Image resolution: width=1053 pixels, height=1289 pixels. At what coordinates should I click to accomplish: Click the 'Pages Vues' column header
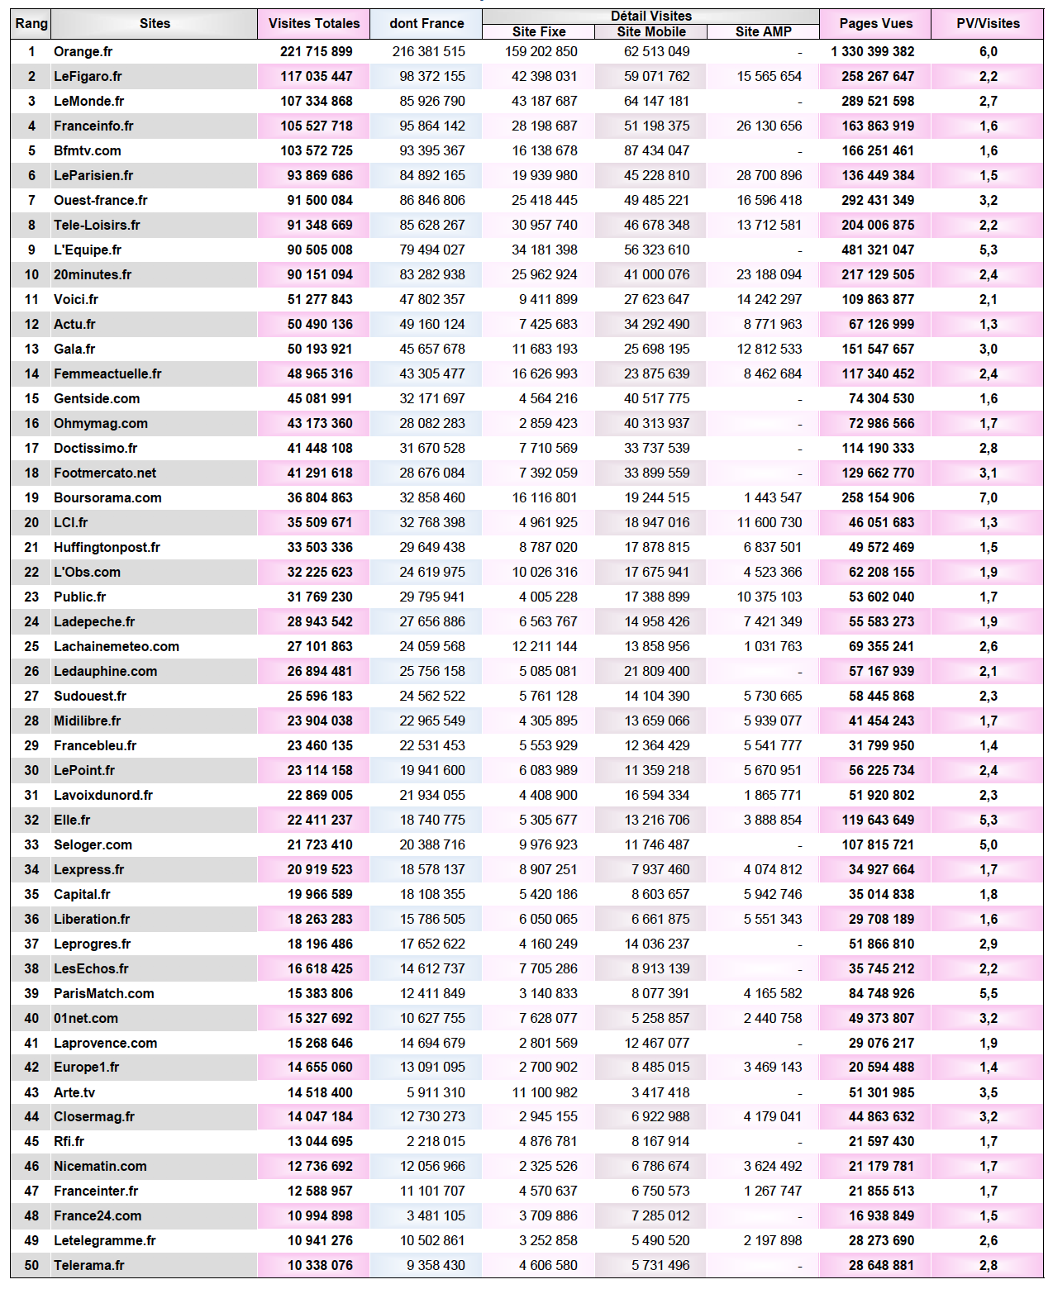875,23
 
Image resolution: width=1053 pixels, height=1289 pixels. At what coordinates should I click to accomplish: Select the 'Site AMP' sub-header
763,31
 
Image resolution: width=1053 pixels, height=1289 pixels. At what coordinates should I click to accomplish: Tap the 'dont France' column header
426,23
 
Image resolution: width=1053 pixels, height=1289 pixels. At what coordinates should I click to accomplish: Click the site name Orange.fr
83,51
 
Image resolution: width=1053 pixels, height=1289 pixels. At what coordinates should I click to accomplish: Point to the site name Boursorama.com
107,497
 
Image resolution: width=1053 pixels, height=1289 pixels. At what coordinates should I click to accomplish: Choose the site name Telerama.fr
88,1265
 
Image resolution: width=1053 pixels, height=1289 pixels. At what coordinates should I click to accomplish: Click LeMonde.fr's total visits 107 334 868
316,101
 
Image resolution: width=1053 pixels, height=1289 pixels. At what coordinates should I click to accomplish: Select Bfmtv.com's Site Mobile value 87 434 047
656,150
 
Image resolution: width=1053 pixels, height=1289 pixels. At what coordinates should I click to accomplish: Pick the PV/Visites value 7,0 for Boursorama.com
988,497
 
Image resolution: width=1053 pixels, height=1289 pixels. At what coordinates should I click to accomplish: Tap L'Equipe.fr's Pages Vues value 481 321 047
878,250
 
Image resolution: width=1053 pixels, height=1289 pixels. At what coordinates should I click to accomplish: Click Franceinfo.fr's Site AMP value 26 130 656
769,126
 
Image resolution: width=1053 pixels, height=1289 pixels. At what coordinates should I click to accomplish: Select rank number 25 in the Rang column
31,646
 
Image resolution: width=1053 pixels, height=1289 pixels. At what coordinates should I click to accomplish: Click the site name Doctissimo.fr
95,448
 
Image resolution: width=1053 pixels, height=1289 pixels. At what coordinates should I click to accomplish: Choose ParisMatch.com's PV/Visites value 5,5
988,993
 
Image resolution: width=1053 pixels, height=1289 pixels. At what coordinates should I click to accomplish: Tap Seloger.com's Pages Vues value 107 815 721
878,844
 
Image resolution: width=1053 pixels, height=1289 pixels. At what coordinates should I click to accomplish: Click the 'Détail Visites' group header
651,16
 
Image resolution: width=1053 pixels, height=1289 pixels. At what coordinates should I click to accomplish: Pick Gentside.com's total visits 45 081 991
320,398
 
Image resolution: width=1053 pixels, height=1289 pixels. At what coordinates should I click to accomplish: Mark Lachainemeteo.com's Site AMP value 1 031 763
773,646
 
